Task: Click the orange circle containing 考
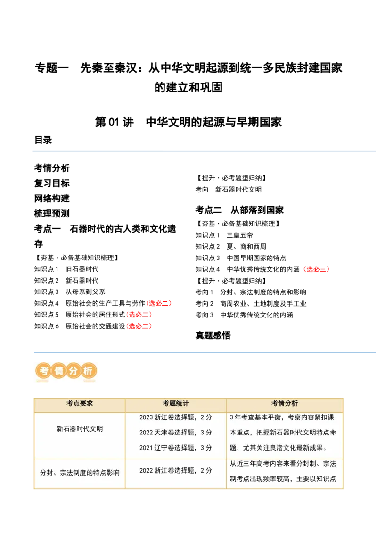(43, 371)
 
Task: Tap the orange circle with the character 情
(58, 371)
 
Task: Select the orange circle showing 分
(74, 371)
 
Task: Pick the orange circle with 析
(88, 371)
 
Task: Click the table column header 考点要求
(80, 404)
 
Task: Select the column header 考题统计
(176, 404)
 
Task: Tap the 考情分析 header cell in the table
(285, 404)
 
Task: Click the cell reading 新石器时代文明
(80, 429)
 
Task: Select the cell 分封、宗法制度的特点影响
(80, 472)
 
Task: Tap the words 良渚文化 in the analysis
(278, 448)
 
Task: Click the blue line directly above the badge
(205, 353)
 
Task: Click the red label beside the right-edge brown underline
(316, 269)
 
